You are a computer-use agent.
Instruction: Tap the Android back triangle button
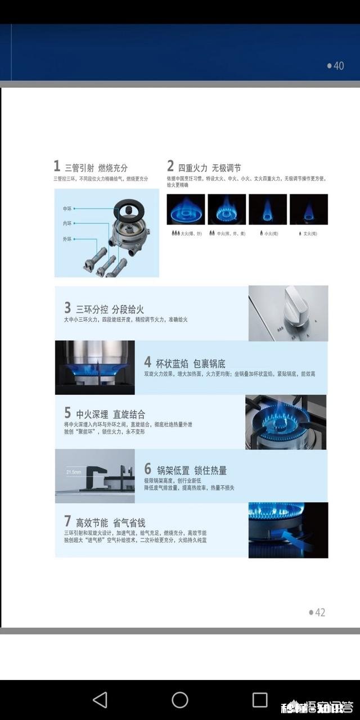click(100, 700)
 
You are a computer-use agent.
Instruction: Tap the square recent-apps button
click(260, 700)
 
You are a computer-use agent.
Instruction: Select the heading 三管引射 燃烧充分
click(96, 168)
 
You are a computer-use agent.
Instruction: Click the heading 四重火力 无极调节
click(210, 168)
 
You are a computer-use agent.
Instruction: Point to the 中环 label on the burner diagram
click(67, 209)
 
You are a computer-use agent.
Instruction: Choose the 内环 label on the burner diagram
click(67, 223)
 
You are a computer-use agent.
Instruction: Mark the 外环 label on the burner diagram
click(67, 239)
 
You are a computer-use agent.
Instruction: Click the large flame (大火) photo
click(186, 209)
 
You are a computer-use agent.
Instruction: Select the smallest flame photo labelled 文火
click(308, 209)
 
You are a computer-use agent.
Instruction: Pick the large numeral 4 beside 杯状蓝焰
click(147, 362)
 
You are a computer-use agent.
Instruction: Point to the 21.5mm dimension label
click(74, 472)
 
